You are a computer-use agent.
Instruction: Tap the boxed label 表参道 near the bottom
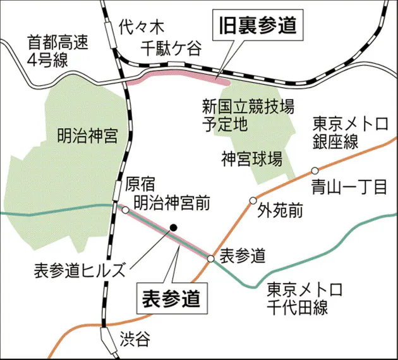pyautogui.click(x=172, y=296)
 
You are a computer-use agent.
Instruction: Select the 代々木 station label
pyautogui.click(x=141, y=26)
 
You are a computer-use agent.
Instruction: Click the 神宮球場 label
pyautogui.click(x=251, y=155)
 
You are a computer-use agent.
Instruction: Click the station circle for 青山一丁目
pyautogui.click(x=314, y=171)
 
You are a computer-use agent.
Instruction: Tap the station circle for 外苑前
pyautogui.click(x=253, y=201)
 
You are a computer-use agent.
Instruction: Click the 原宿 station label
pyautogui.click(x=141, y=184)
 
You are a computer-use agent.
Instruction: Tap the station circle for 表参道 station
pyautogui.click(x=211, y=258)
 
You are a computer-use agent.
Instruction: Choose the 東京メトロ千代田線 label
pyautogui.click(x=303, y=299)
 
